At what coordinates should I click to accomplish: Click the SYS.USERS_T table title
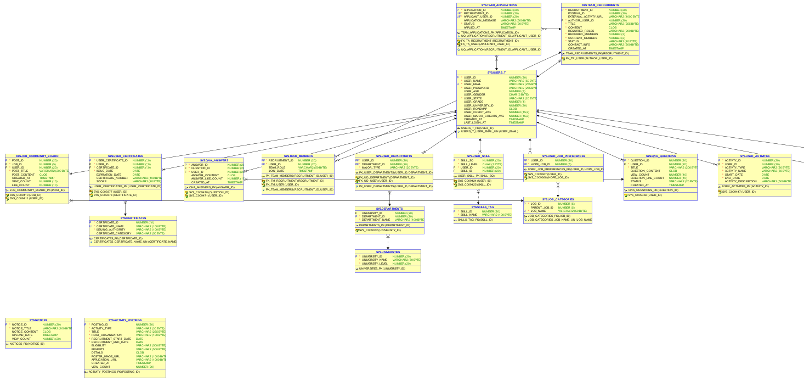tap(496, 72)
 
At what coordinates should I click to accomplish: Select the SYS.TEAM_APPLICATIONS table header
tap(499, 5)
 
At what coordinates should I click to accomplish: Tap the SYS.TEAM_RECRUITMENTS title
tap(600, 5)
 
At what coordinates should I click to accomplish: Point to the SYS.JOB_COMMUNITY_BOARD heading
tap(37, 156)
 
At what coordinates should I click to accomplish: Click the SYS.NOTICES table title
tap(38, 320)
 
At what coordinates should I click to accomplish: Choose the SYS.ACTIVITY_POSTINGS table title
tap(125, 320)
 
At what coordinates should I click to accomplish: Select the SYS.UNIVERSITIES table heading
tap(388, 252)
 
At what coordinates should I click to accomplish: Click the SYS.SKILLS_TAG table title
tap(483, 207)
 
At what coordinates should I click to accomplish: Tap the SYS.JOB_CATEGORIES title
tap(558, 199)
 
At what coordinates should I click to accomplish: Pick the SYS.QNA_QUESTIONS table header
tap(660, 156)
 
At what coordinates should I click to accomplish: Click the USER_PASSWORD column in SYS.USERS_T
tap(476, 88)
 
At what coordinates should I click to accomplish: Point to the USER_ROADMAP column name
tap(475, 109)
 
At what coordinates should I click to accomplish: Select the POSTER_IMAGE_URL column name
tap(105, 356)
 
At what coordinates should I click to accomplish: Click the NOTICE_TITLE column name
tap(24, 328)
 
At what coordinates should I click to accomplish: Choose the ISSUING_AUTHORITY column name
tap(110, 229)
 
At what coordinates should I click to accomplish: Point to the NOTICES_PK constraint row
tap(27, 344)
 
